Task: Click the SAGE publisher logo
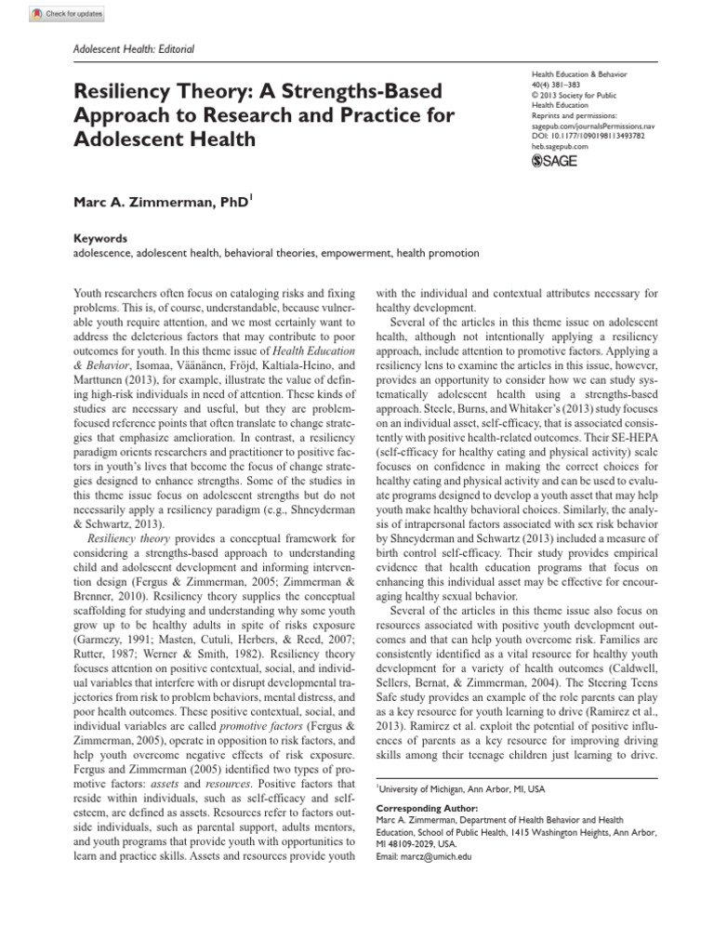[553, 160]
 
